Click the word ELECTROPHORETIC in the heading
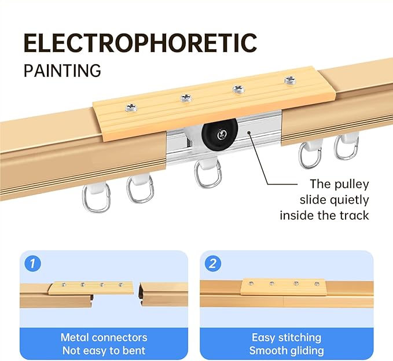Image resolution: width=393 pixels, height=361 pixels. [x=140, y=43]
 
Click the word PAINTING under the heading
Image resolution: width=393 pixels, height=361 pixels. [x=62, y=71]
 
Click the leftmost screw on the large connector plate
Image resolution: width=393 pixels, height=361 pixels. [x=131, y=108]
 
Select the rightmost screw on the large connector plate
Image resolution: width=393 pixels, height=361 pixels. [x=291, y=80]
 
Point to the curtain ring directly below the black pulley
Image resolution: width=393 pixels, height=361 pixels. [x=208, y=174]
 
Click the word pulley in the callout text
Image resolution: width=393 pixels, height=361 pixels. [x=351, y=184]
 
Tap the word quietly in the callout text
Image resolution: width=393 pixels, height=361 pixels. [x=349, y=200]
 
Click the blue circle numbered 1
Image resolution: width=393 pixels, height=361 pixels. [x=33, y=263]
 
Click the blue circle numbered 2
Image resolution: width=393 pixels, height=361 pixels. [x=213, y=263]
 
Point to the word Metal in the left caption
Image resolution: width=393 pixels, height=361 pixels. [x=75, y=337]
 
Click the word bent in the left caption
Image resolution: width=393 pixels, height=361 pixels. [x=136, y=350]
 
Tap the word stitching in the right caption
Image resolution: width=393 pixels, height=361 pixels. [x=300, y=337]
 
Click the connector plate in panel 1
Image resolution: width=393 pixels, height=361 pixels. [x=91, y=288]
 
